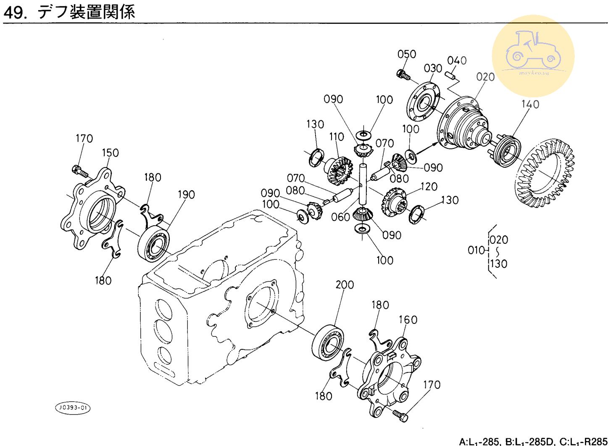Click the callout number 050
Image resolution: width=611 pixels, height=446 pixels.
click(406, 54)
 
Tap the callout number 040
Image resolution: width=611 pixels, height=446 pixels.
click(457, 60)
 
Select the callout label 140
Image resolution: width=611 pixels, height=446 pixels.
click(530, 104)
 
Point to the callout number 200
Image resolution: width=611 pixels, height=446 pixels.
click(345, 284)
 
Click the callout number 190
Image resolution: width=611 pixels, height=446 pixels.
click(186, 195)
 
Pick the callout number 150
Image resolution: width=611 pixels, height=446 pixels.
click(110, 153)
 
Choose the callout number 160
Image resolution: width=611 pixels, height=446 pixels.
click(408, 320)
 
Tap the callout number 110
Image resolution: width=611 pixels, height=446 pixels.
click(337, 137)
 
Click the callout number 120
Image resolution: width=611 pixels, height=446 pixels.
click(429, 186)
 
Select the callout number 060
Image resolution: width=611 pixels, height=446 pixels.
click(340, 217)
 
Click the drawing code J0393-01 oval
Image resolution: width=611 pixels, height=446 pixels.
click(73, 407)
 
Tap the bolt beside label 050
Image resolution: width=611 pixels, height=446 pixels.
click(403, 75)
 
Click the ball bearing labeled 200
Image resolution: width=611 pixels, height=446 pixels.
click(328, 342)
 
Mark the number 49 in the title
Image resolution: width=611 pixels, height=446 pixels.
click(14, 12)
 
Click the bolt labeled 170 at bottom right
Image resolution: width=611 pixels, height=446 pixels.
click(401, 415)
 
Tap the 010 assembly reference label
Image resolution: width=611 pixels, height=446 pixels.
click(476, 250)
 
